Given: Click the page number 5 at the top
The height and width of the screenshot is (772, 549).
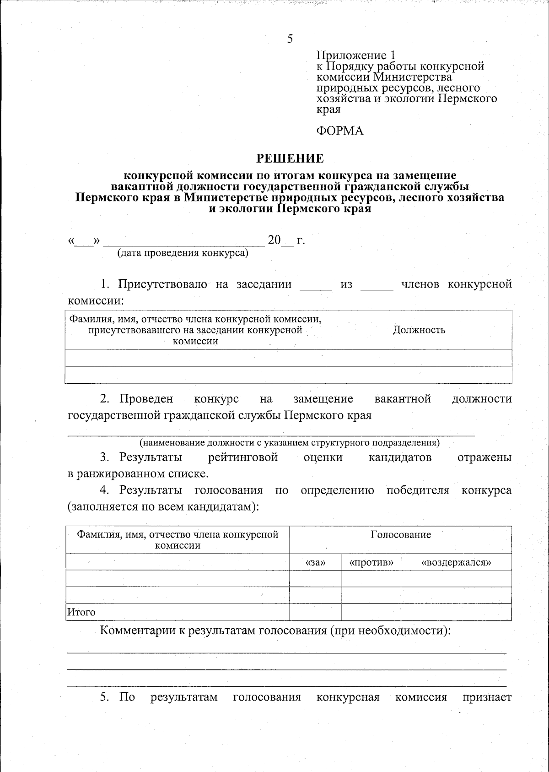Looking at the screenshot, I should coord(290,38).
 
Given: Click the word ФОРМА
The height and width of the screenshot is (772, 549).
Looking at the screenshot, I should coord(340,131).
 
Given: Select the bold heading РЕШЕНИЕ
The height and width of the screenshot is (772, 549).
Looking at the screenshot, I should coord(290,158).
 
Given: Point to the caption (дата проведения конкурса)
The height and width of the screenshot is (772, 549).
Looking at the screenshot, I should coord(183,253).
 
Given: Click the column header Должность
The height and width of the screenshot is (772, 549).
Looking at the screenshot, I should coord(419,330).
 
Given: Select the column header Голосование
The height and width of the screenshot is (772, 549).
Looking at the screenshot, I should coord(400,534).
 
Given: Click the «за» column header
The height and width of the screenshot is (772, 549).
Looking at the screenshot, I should coord(315,562).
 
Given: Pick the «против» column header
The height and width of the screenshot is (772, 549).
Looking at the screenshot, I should coord(371,562).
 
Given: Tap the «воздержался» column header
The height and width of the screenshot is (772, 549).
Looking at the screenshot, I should coord(456,562).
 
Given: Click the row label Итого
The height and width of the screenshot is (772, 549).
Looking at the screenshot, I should coord(81,612).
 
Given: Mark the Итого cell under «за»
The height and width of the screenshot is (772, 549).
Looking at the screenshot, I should coord(315,612).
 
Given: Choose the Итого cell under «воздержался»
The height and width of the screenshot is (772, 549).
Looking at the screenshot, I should coord(456,612).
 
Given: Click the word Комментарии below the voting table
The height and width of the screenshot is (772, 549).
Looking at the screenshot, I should coord(138,631).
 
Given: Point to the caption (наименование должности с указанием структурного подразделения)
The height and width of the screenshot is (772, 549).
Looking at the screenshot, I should coord(289,443).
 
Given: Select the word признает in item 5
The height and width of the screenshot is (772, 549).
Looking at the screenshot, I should coord(487,697).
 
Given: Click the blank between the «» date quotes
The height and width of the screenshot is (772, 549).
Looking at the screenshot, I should coord(84,241).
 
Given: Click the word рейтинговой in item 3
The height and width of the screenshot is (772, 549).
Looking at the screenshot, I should coord(243,457).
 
